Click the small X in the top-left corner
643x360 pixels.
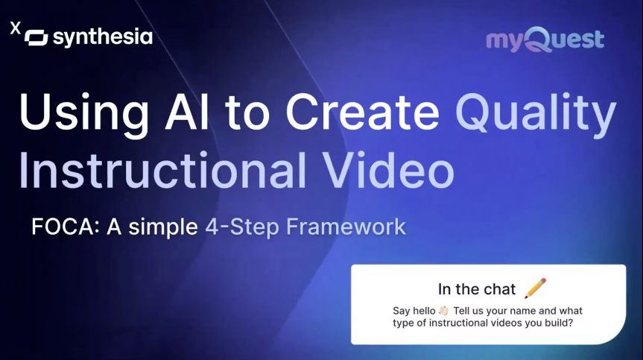tap(15, 28)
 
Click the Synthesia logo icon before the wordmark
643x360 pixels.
tap(37, 37)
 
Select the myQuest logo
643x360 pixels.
tap(545, 40)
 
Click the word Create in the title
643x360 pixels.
tap(362, 113)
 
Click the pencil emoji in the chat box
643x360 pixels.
tap(536, 288)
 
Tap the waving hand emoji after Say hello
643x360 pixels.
tap(443, 310)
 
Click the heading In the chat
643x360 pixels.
tap(477, 289)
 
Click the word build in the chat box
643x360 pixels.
tap(548, 323)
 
